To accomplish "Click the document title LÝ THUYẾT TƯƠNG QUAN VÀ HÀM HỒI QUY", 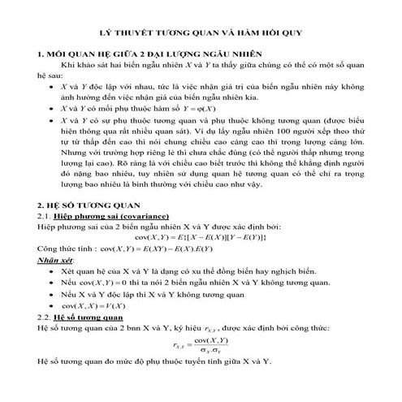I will (x=201, y=36).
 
